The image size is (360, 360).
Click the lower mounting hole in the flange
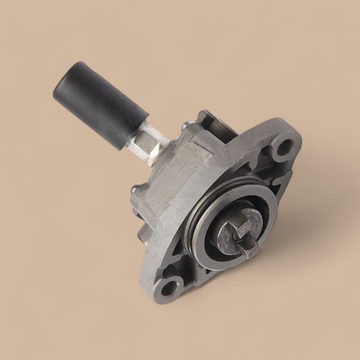tap(168, 287)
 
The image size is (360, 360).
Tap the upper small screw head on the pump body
tap(185, 125)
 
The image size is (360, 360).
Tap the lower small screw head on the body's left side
tap(135, 190)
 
